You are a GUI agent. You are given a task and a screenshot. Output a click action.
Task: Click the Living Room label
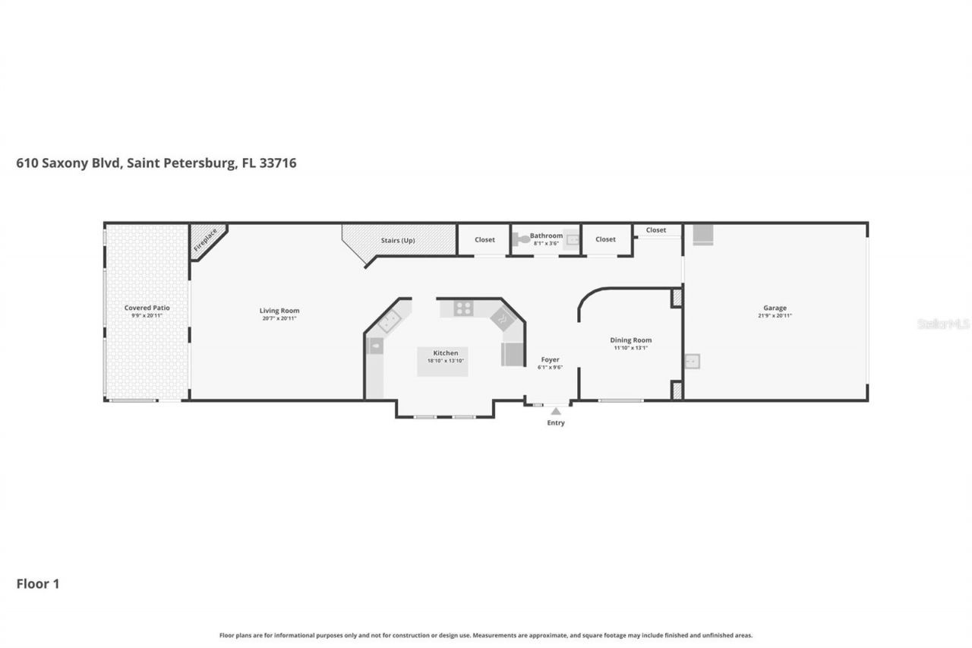(x=279, y=311)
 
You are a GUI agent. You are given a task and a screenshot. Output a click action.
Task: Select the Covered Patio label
(x=147, y=308)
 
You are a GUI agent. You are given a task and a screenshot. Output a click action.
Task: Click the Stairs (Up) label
(x=398, y=240)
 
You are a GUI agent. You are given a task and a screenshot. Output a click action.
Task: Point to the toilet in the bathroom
(x=522, y=239)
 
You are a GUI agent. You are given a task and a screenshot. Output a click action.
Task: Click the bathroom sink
(x=572, y=240)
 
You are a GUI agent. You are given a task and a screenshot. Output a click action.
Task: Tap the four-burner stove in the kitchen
(x=464, y=308)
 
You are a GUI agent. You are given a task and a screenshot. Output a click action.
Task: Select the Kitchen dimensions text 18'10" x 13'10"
(x=446, y=361)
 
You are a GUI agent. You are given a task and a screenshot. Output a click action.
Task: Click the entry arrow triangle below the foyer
(x=556, y=411)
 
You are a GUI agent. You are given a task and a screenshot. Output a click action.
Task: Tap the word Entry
(x=556, y=423)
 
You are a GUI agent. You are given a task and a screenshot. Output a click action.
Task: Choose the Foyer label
(x=550, y=359)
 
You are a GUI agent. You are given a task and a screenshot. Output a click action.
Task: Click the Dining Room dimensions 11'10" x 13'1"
(x=631, y=348)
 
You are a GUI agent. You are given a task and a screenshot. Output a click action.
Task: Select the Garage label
(x=775, y=308)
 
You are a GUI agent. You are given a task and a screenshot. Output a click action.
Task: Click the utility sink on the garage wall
(x=692, y=362)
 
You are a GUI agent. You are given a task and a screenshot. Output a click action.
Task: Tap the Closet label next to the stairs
(x=484, y=239)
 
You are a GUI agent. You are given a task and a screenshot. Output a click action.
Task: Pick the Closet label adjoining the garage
(x=656, y=230)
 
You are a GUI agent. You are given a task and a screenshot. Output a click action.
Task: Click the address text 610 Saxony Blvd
(x=69, y=163)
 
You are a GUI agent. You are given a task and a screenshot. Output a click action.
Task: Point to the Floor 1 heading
(x=38, y=584)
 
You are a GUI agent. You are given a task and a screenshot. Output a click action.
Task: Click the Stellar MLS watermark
(x=943, y=324)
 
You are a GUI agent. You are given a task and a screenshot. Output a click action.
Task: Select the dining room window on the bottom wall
(x=620, y=400)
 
